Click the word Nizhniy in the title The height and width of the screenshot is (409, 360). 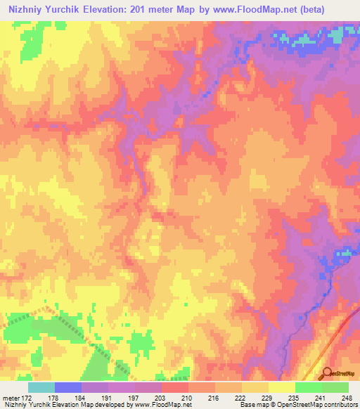pos(29,11)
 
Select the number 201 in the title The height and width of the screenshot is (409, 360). pos(155,11)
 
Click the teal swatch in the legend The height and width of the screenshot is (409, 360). pos(41,387)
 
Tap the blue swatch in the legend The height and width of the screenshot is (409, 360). pos(67,387)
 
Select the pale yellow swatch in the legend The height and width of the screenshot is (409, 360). pos(281,387)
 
